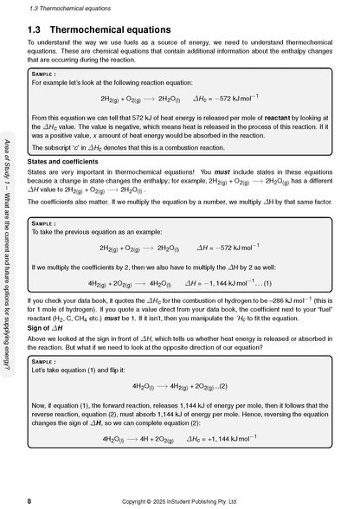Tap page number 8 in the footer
pyautogui.click(x=29, y=501)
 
